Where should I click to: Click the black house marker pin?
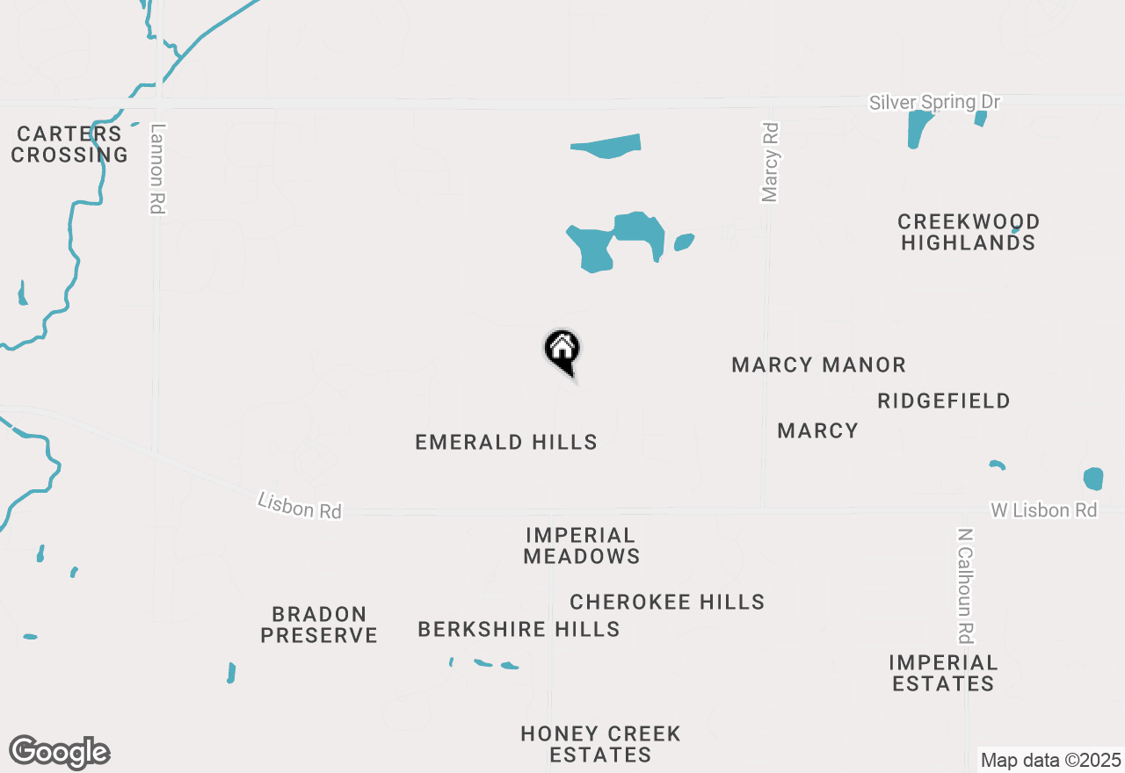pyautogui.click(x=562, y=351)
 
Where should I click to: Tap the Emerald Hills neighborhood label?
pyautogui.click(x=506, y=442)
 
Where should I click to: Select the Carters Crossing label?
pyautogui.click(x=69, y=144)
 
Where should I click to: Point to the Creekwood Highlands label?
pyautogui.click(x=969, y=232)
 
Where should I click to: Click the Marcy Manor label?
pyautogui.click(x=818, y=365)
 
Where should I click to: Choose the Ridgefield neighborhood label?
pyautogui.click(x=944, y=401)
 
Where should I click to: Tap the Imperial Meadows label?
pyautogui.click(x=581, y=545)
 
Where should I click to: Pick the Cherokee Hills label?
pyautogui.click(x=667, y=602)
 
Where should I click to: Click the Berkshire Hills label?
pyautogui.click(x=519, y=629)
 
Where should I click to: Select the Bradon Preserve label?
pyautogui.click(x=319, y=625)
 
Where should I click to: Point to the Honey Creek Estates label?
pyautogui.click(x=600, y=744)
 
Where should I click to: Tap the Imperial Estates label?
pyautogui.click(x=943, y=673)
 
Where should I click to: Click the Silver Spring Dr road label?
pyautogui.click(x=934, y=103)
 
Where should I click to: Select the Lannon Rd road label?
pyautogui.click(x=157, y=168)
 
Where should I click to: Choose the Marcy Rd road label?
pyautogui.click(x=770, y=163)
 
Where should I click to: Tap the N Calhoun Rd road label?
pyautogui.click(x=966, y=585)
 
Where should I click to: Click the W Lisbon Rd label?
pyautogui.click(x=1044, y=509)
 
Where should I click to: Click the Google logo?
pyautogui.click(x=59, y=752)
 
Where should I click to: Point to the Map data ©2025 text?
pyautogui.click(x=1050, y=760)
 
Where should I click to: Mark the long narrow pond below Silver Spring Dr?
pyautogui.click(x=606, y=146)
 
